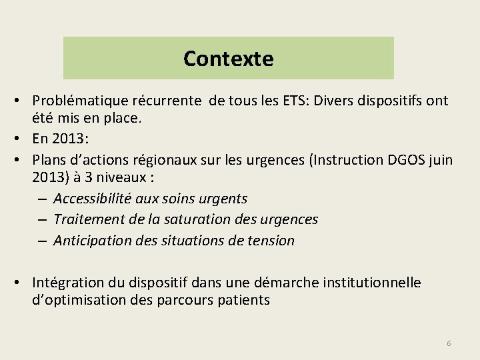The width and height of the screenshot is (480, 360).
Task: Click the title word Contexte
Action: [228, 59]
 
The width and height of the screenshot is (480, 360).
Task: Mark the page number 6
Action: [449, 343]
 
